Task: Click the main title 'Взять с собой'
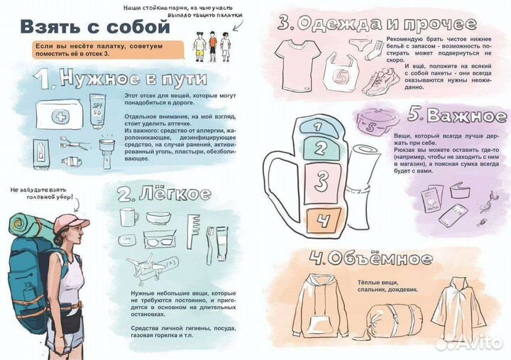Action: coord(94,27)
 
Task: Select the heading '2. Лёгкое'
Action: coord(164,194)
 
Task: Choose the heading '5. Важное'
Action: coord(457,116)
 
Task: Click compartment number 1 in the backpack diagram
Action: coord(319,126)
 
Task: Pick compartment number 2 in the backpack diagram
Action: coord(320,148)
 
